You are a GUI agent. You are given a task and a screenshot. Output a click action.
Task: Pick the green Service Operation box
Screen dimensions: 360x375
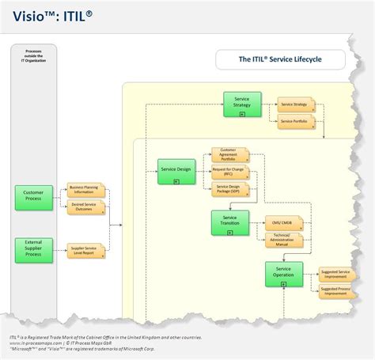[x=283, y=274]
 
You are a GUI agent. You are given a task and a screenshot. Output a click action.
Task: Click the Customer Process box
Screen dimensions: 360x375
[x=33, y=195]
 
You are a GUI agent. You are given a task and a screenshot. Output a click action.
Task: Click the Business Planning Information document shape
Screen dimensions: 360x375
[x=86, y=190]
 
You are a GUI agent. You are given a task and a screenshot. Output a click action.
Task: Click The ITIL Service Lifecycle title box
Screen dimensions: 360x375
[x=280, y=59]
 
